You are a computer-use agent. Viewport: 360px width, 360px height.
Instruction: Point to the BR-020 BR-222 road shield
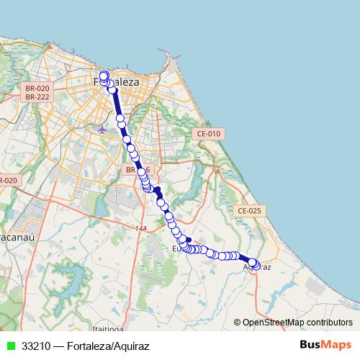[x=36, y=91]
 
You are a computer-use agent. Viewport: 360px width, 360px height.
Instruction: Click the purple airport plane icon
[x=102, y=130]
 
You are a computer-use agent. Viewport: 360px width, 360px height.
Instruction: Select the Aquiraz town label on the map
[x=257, y=267]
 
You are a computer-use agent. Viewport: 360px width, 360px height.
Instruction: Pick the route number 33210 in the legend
[x=36, y=346]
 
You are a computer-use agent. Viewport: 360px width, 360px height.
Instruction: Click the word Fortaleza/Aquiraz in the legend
[x=107, y=346]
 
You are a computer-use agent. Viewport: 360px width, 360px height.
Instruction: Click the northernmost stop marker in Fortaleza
[x=104, y=75]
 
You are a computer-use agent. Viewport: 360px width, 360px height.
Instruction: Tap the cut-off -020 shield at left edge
[x=7, y=180]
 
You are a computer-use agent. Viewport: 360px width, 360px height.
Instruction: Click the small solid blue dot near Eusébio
[x=188, y=239]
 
